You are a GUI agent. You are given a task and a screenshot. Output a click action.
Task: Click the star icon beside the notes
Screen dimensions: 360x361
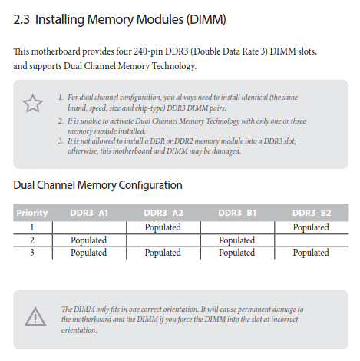pyautogui.click(x=32, y=104)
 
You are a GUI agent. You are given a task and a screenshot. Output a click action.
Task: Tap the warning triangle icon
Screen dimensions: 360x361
pyautogui.click(x=35, y=316)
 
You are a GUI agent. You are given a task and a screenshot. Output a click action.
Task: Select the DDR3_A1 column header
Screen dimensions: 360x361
pyautogui.click(x=89, y=213)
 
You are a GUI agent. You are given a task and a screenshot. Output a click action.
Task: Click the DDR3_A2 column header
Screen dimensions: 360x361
pyautogui.click(x=163, y=213)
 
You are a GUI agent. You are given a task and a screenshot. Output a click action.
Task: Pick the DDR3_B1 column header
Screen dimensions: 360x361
pyautogui.click(x=237, y=213)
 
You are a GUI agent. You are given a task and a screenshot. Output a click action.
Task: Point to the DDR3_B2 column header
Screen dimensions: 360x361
pyautogui.click(x=312, y=213)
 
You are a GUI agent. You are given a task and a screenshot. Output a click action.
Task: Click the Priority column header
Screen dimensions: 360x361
pyautogui.click(x=32, y=213)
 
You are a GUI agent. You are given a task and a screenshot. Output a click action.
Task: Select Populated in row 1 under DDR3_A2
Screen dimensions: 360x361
pyautogui.click(x=163, y=227)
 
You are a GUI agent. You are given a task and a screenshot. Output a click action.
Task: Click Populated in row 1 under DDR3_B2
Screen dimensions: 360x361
pyautogui.click(x=311, y=227)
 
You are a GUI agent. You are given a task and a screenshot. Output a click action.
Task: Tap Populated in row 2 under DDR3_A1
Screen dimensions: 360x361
pyautogui.click(x=88, y=240)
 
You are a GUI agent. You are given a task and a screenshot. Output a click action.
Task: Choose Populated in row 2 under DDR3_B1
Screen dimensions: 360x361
pyautogui.click(x=236, y=240)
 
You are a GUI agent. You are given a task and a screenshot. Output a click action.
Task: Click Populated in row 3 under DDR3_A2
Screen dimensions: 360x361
pyautogui.click(x=163, y=253)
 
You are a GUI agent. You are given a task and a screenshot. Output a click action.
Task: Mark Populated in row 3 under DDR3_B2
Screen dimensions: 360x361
pyautogui.click(x=311, y=253)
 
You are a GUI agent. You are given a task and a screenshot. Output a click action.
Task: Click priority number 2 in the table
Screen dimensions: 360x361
pyautogui.click(x=32, y=240)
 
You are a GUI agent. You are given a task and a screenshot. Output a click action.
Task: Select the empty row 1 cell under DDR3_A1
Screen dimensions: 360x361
pyautogui.click(x=89, y=227)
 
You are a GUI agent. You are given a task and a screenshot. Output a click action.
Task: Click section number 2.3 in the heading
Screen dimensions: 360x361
pyautogui.click(x=21, y=19)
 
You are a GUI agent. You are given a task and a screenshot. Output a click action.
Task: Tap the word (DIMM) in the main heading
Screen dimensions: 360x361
pyautogui.click(x=206, y=20)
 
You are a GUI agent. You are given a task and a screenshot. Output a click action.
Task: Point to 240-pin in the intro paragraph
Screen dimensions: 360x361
pyautogui.click(x=148, y=51)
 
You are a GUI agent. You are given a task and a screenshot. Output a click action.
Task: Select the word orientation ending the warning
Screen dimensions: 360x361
pyautogui.click(x=79, y=330)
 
